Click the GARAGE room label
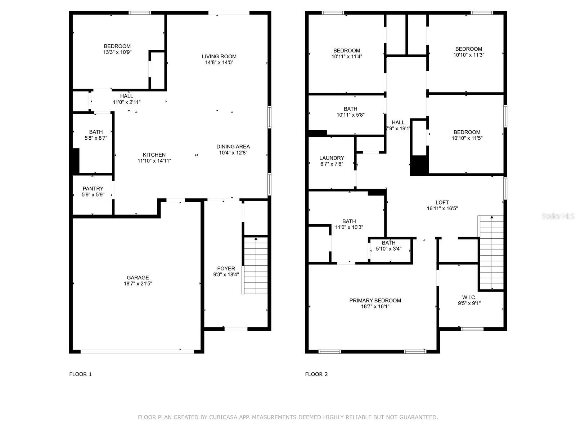[x=138, y=278]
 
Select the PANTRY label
[x=93, y=189]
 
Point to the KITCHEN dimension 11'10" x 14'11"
[x=154, y=161]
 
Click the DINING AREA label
[x=233, y=147]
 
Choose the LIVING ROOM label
[x=219, y=57]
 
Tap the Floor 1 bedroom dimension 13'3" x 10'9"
[x=117, y=52]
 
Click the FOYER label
[x=226, y=269]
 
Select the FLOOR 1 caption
[x=80, y=374]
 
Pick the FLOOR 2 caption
[x=316, y=374]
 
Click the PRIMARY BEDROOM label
[x=375, y=301]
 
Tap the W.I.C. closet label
[x=469, y=297]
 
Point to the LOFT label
[x=442, y=202]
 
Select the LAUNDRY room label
[x=332, y=158]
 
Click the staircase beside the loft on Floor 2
[x=491, y=252]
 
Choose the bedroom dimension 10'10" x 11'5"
[x=467, y=138]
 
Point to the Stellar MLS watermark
[x=558, y=216]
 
